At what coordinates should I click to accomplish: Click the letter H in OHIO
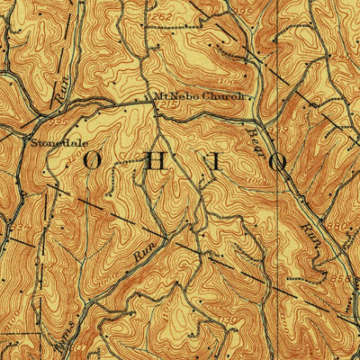tap(156, 163)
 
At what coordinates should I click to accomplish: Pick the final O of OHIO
tap(282, 164)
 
